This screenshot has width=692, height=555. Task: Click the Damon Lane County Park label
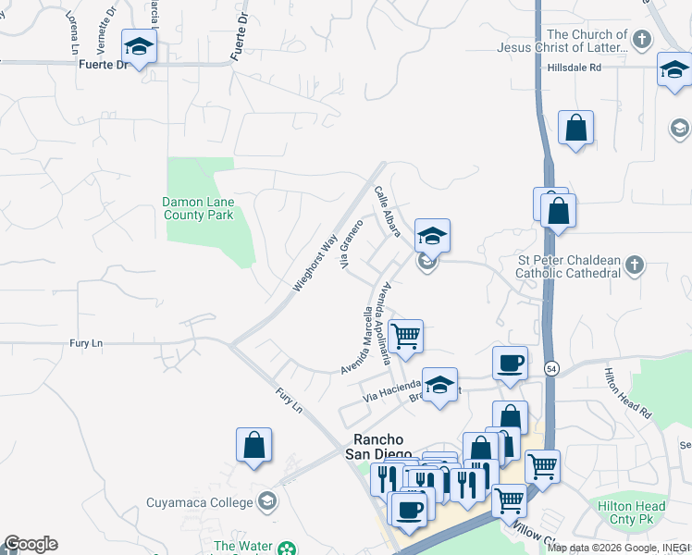(x=198, y=208)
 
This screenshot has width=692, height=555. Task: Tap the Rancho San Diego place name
(x=377, y=447)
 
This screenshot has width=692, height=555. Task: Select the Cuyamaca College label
(x=200, y=502)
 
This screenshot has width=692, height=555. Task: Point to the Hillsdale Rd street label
(x=574, y=68)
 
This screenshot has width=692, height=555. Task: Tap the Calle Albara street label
(x=387, y=211)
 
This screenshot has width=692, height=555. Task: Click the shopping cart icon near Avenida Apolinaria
(x=405, y=337)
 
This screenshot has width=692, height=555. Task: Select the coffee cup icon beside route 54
(x=510, y=363)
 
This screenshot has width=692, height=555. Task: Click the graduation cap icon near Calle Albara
(x=432, y=235)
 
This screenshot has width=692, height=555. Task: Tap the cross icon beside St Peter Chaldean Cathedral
(x=634, y=266)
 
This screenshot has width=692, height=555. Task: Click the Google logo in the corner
(x=31, y=544)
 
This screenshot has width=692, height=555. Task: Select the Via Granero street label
(x=352, y=245)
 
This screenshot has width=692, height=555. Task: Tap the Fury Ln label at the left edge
(x=85, y=343)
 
